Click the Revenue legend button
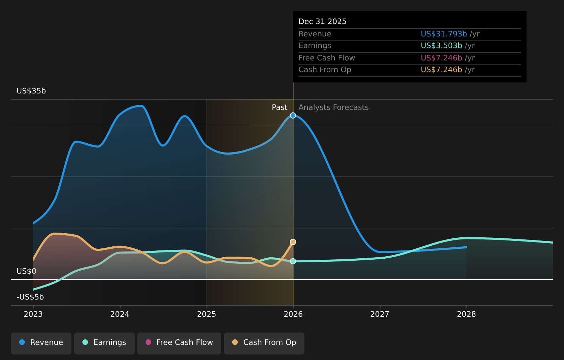(x=41, y=343)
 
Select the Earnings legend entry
(x=104, y=343)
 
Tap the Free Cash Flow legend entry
(x=179, y=343)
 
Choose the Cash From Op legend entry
(x=264, y=343)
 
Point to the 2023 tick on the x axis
(x=33, y=314)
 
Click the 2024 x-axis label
(x=120, y=314)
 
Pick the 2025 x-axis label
(x=206, y=314)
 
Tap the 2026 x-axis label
(x=293, y=314)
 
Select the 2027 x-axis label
(x=380, y=314)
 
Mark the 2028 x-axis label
(x=466, y=314)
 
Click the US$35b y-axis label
(x=31, y=91)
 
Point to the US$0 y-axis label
(x=26, y=271)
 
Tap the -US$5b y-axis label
(x=30, y=297)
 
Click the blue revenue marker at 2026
(x=293, y=115)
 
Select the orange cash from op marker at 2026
(x=293, y=242)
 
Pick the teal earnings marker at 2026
(x=293, y=261)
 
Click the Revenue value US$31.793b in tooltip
(x=443, y=34)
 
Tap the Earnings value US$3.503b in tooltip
(x=441, y=46)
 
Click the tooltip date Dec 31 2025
(x=322, y=22)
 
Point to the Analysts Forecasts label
(x=333, y=108)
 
